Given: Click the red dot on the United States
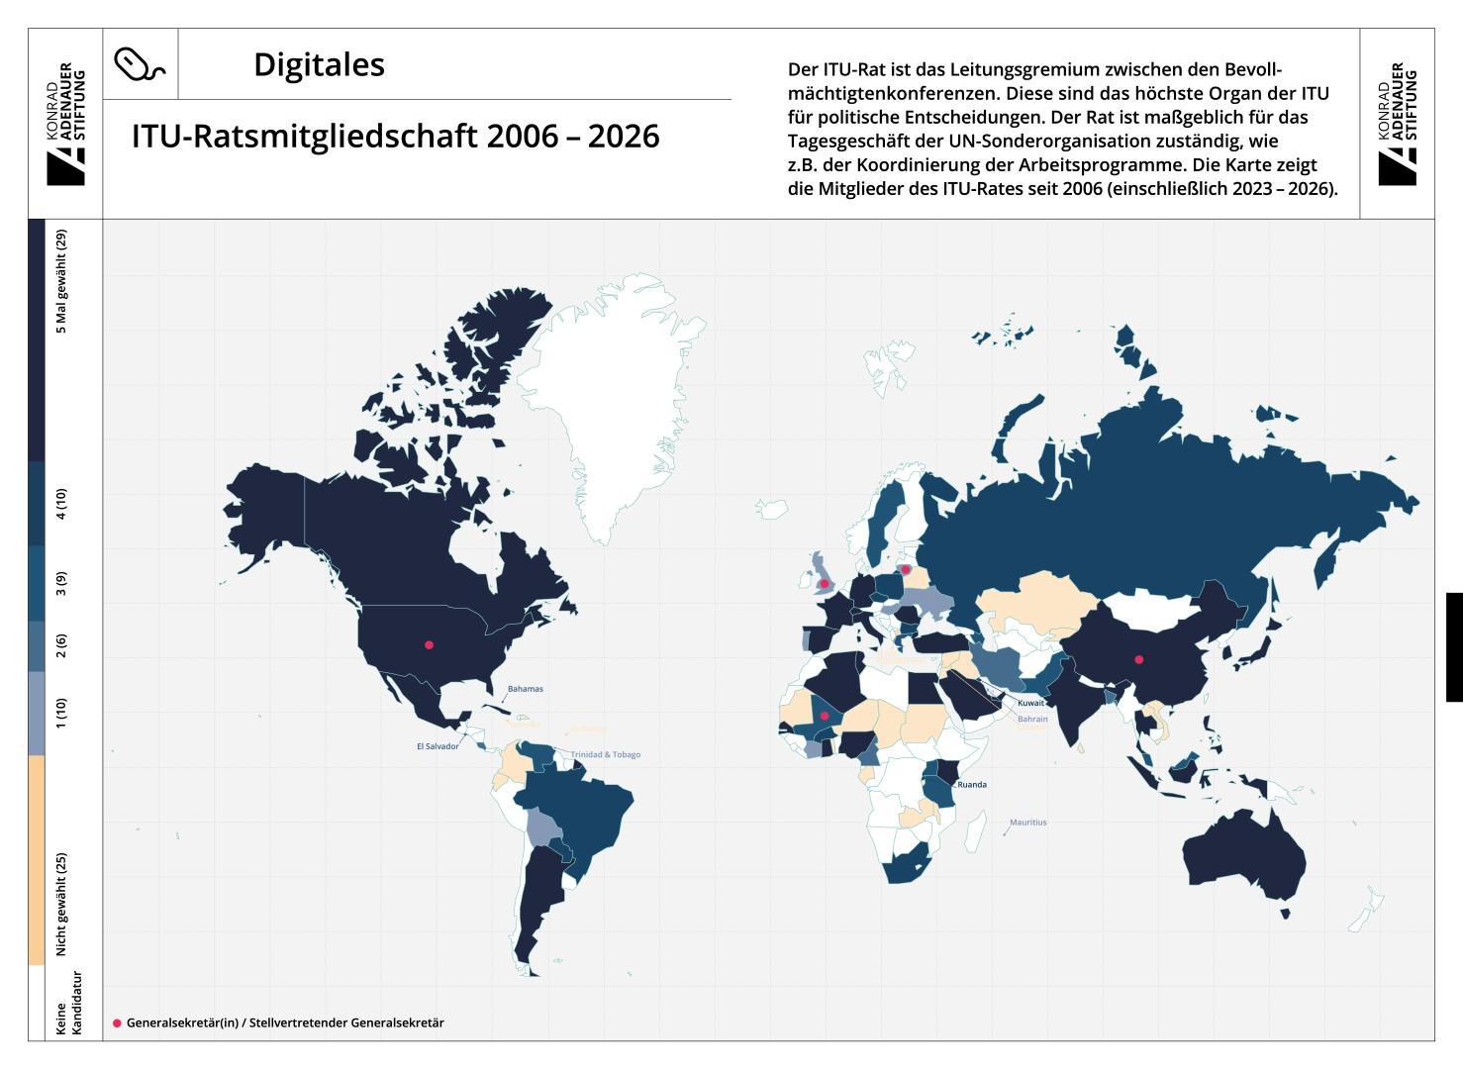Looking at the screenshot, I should tap(429, 645).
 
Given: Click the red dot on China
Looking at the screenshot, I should tap(1139, 659).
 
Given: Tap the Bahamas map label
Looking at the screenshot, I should tap(525, 689).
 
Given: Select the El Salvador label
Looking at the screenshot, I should tap(438, 746).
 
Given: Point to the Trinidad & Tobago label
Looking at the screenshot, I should tap(606, 754).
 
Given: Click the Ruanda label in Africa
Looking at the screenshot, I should tap(971, 785).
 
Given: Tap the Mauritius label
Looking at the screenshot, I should tap(1027, 823).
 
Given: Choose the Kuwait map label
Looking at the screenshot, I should tap(1030, 703).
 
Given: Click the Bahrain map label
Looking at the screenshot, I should tap(1032, 720).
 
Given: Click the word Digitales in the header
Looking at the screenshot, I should tap(319, 65).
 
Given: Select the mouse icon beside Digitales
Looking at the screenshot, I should tap(140, 64).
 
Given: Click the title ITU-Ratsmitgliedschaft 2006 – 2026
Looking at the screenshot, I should tap(395, 137).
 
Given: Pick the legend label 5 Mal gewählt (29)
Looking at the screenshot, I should tap(61, 281).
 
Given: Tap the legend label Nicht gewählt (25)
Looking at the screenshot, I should tap(61, 904).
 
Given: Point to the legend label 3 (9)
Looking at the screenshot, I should tap(61, 583).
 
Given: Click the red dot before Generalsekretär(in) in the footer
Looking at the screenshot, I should tap(117, 1022).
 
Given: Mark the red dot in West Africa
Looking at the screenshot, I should tap(825, 716).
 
